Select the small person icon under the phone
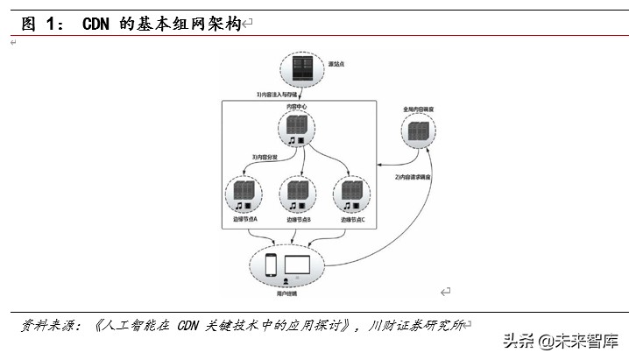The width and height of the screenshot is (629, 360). pyautogui.click(x=286, y=279)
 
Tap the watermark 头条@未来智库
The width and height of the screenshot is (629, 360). pyautogui.click(x=560, y=342)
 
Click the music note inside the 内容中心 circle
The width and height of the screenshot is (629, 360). pyautogui.click(x=292, y=140)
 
